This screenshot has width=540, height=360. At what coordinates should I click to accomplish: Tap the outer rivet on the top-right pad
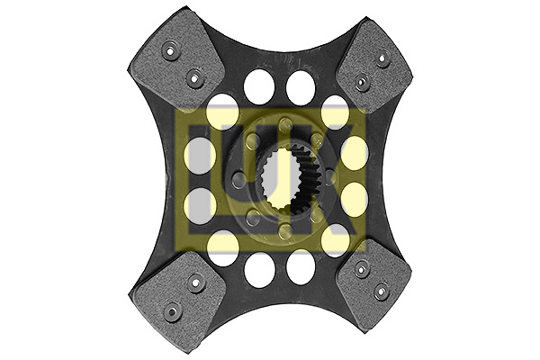382,60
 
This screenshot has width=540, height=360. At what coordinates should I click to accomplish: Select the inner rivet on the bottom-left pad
194,282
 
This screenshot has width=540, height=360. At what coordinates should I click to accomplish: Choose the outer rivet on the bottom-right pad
382,291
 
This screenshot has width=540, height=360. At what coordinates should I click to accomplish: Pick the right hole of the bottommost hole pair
301,267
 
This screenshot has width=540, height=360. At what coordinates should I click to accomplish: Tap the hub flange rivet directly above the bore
284,125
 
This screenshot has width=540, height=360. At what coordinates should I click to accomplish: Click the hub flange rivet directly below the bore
284,231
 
